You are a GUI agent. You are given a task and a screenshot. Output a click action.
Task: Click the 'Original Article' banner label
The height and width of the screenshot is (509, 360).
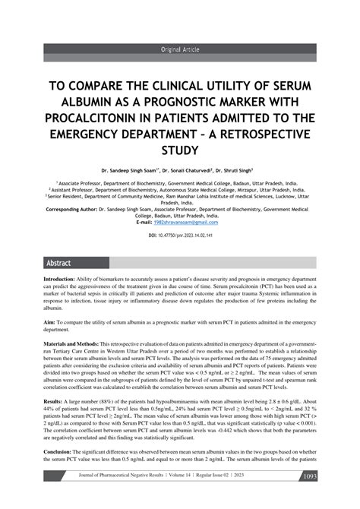point(179,49)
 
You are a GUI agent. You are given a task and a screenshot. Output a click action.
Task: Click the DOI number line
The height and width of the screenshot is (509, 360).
point(179,236)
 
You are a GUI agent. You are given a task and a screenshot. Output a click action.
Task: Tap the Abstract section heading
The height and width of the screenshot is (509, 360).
point(58,263)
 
